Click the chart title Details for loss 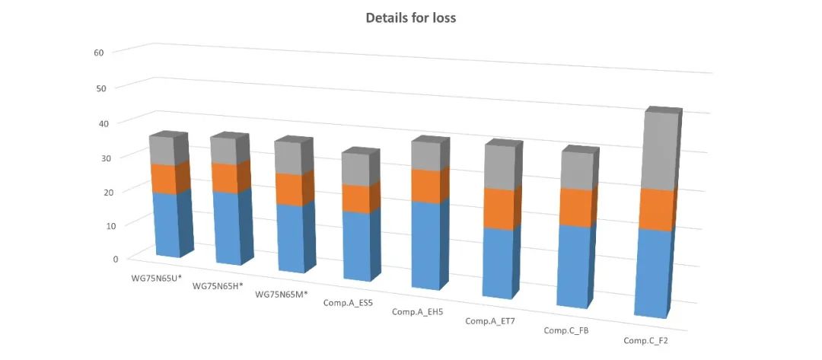[410, 18]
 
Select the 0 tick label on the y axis [116, 259]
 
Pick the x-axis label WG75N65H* [218, 286]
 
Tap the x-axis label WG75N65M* [282, 295]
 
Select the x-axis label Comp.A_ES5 [348, 303]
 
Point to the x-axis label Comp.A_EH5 [417, 312]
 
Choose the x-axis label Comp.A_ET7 [489, 321]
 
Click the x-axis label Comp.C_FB [566, 330]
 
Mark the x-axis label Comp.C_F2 [645, 340]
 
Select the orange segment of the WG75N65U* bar [165, 179]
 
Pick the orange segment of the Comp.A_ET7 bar [499, 208]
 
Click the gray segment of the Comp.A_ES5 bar [358, 169]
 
